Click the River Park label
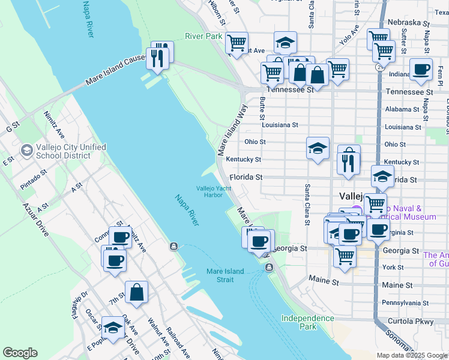203,36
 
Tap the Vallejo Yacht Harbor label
213,191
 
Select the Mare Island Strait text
225,275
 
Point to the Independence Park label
308,322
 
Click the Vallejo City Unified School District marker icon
26,150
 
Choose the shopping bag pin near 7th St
137,293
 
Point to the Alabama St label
402,109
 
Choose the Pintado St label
34,179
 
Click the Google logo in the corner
20,353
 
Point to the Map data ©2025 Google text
412,355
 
